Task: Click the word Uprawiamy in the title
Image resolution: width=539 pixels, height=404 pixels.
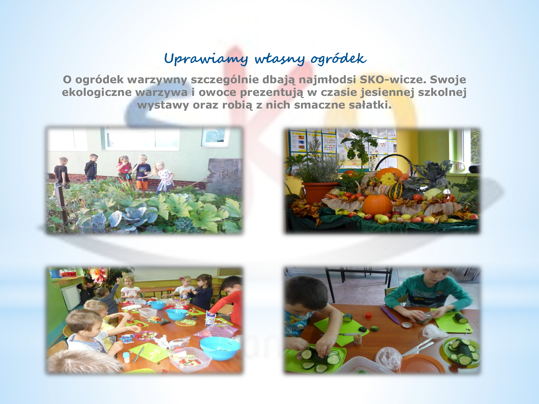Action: pyautogui.click(x=206, y=59)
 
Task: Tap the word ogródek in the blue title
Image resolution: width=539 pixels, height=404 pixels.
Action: pyautogui.click(x=338, y=59)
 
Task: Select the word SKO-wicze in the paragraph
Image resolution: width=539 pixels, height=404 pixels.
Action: pyautogui.click(x=393, y=79)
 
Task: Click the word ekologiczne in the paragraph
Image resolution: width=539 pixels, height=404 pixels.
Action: pyautogui.click(x=97, y=92)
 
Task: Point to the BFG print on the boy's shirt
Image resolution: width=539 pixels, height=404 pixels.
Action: pyautogui.click(x=143, y=169)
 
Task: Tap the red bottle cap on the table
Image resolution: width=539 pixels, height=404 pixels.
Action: pyautogui.click(x=368, y=315)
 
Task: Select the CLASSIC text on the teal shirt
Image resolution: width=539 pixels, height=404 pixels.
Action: pyautogui.click(x=424, y=294)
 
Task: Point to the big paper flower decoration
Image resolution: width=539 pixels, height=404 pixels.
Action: pyautogui.click(x=98, y=275)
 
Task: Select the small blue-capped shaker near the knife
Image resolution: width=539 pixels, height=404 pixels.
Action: pyautogui.click(x=126, y=357)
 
